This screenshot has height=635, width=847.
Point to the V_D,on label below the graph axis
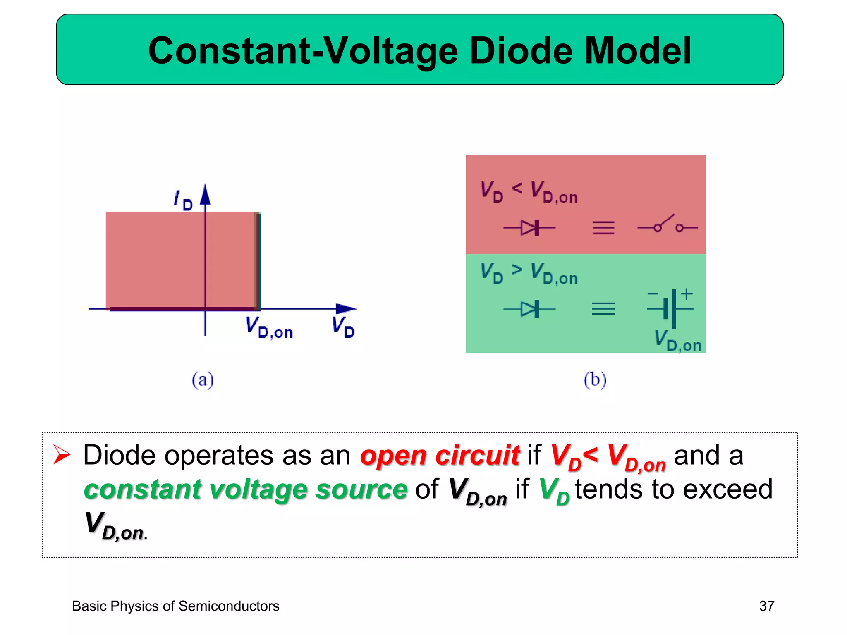(269, 327)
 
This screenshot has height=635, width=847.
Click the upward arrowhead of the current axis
(205, 195)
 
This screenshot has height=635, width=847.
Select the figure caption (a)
(203, 380)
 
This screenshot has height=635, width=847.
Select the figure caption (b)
(595, 380)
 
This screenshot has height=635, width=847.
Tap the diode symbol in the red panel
(530, 227)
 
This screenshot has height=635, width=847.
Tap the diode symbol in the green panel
(530, 309)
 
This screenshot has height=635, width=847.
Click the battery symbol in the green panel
(670, 309)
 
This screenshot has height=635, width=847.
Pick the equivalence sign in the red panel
(603, 228)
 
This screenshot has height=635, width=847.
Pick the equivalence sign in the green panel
(603, 309)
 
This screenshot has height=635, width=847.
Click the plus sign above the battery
(687, 294)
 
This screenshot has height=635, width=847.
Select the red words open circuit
(440, 456)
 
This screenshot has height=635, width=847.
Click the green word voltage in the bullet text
(258, 490)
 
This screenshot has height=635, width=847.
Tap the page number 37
(766, 606)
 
